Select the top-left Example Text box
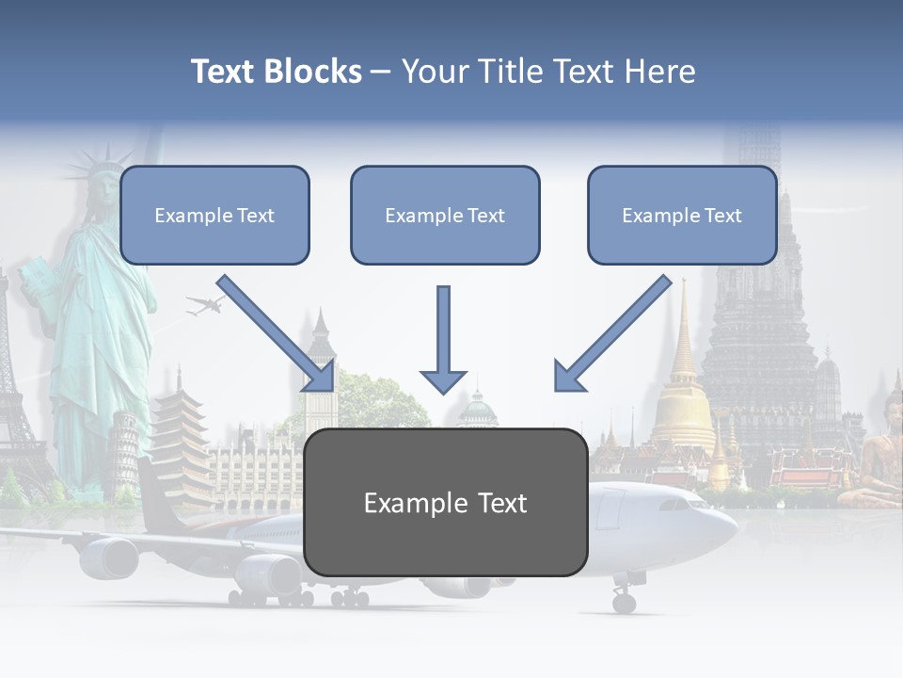tap(214, 216)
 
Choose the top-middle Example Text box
tap(445, 216)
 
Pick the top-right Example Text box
tap(682, 216)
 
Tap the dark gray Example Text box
tap(446, 503)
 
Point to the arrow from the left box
tap(278, 334)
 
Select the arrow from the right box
tap(612, 334)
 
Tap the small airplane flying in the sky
tap(205, 304)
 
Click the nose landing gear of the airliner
tap(624, 600)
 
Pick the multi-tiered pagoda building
tap(182, 443)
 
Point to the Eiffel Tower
tap(14, 395)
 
